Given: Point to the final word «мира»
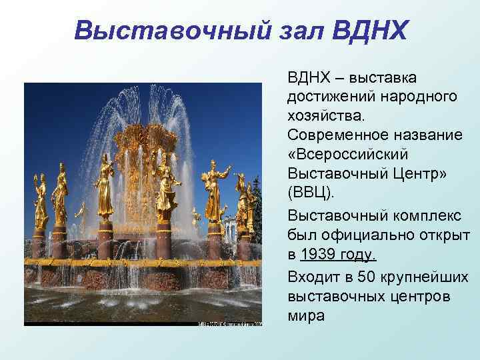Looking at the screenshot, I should pos(306,315).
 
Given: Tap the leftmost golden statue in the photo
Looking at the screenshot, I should pos(41,200).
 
